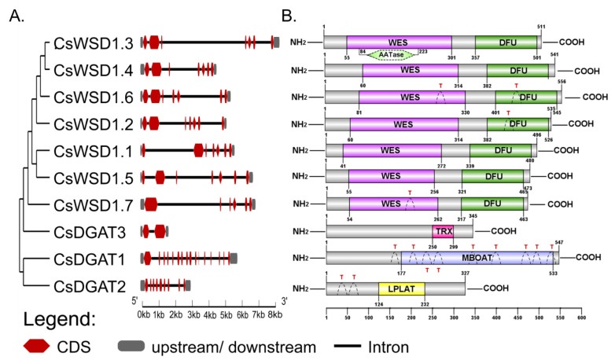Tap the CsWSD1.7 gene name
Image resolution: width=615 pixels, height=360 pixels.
[92, 204]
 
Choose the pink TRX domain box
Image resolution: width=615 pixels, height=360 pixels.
[442, 232]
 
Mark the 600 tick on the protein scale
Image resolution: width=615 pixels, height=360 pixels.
[580, 318]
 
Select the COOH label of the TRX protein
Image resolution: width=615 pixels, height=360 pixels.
[503, 232]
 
